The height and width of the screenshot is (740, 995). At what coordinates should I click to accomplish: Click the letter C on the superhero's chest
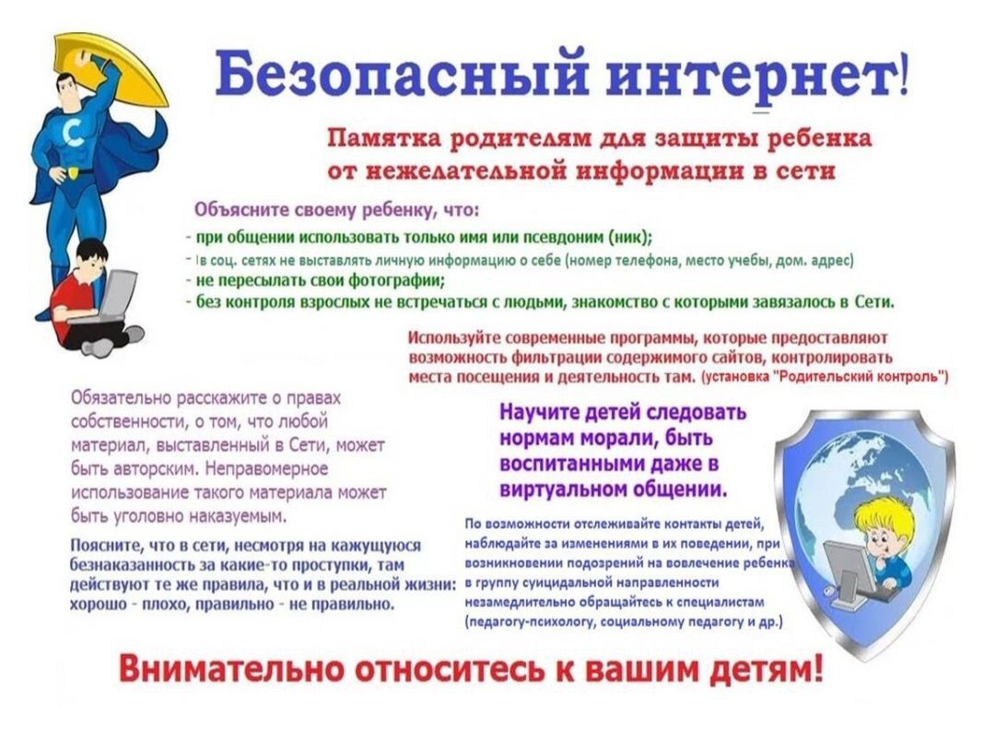(75, 134)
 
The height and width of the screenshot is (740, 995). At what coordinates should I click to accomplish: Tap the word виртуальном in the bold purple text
(557, 490)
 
